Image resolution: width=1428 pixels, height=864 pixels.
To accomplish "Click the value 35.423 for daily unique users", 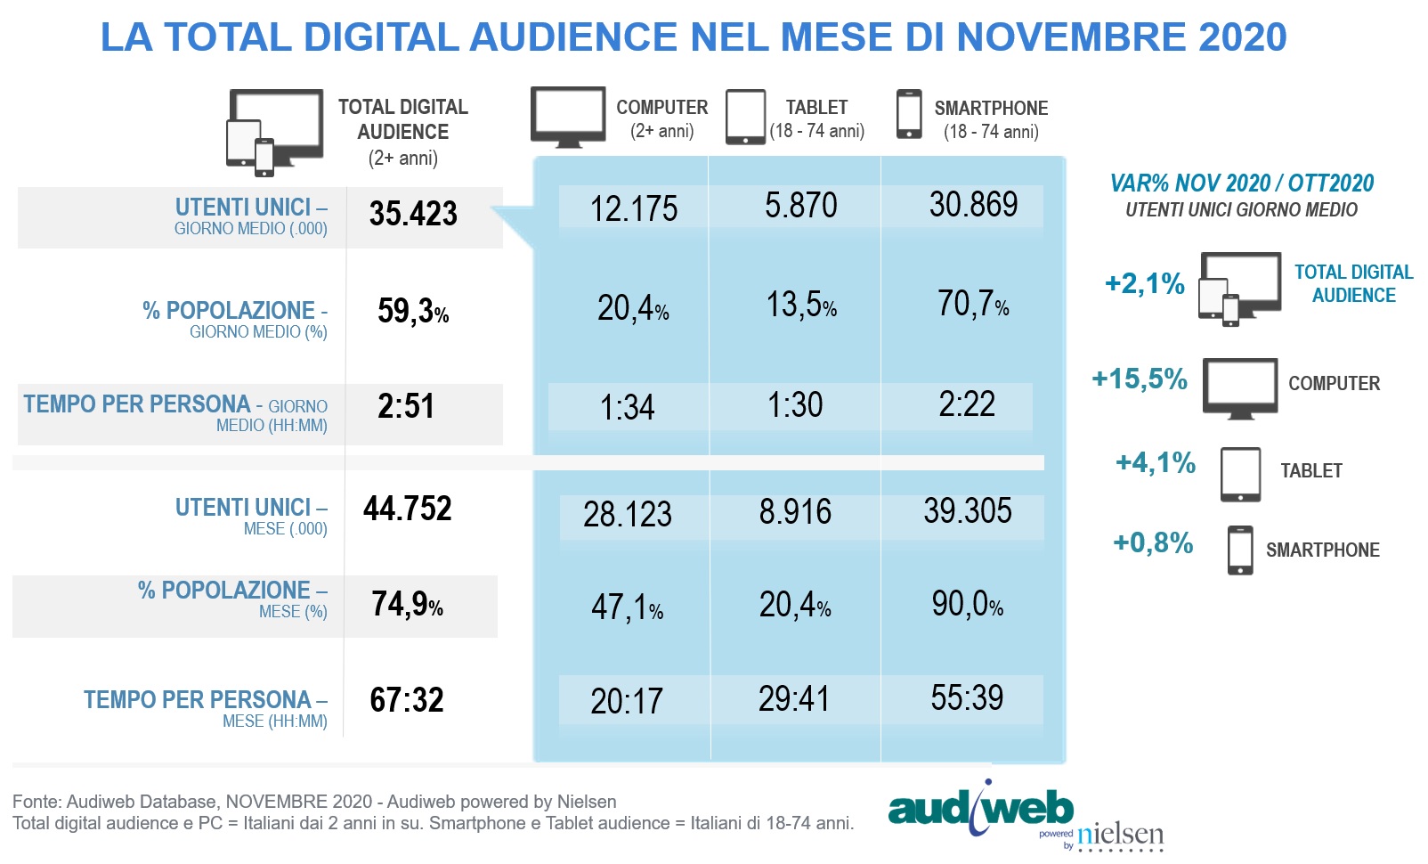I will tap(413, 215).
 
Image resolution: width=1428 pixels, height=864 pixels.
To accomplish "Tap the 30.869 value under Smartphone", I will tap(973, 205).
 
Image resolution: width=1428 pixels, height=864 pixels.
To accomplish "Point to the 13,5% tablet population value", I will tap(801, 305).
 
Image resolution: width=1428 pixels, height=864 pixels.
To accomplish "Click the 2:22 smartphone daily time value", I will tap(967, 404).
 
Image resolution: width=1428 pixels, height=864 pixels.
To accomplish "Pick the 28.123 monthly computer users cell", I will tap(628, 515).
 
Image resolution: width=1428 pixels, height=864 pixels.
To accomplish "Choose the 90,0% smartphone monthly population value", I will tap(967, 605).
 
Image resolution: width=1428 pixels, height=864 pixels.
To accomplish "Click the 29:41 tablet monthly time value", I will tap(794, 699).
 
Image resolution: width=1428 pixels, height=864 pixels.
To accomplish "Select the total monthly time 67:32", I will tap(407, 700).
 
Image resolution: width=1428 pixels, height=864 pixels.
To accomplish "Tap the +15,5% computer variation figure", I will tap(1140, 379).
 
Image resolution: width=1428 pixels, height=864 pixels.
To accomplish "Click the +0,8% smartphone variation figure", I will tap(1153, 543).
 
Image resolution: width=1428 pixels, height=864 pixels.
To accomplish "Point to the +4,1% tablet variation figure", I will tap(1156, 463).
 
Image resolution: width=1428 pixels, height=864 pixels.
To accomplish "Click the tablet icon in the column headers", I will tap(745, 117).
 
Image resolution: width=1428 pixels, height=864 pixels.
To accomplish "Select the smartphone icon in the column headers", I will tap(909, 114).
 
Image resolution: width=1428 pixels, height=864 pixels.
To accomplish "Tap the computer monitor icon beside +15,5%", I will tap(1240, 388).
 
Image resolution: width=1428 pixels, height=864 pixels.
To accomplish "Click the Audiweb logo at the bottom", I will tap(979, 809).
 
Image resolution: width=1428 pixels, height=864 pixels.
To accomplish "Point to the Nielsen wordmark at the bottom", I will tap(1120, 835).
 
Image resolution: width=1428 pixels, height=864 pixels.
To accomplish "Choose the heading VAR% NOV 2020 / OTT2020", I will tap(1241, 183).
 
